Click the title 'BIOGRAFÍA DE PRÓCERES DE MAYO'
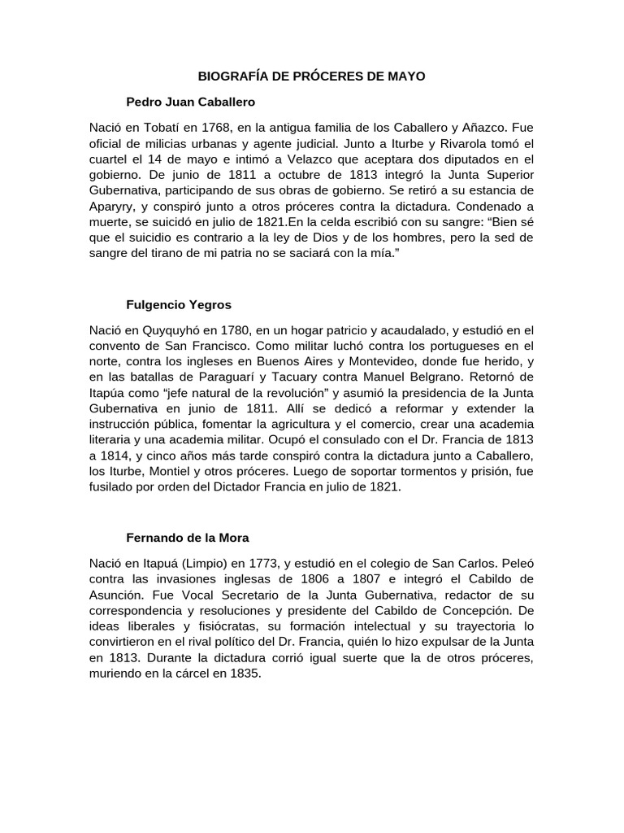[312, 76]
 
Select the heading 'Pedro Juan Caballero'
[191, 102]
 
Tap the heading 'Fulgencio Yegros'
[179, 305]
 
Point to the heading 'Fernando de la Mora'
[188, 538]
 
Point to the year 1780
[232, 331]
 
